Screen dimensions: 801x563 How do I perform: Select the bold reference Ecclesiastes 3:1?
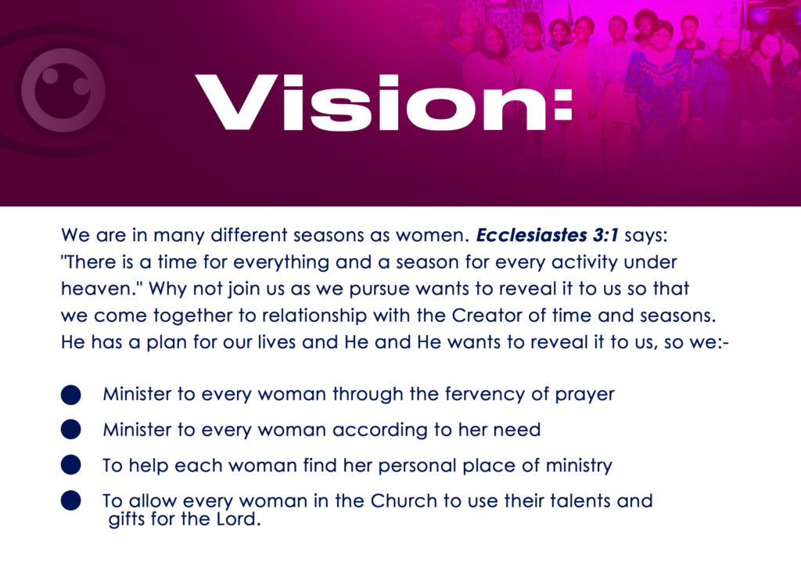pos(547,235)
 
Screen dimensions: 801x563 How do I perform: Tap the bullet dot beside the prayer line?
pos(71,395)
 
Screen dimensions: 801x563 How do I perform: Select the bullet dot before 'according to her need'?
pos(71,430)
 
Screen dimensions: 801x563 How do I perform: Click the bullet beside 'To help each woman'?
pos(71,465)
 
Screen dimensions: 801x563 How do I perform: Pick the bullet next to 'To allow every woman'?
pos(71,500)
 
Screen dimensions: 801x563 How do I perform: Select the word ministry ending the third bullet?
pos(579,466)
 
